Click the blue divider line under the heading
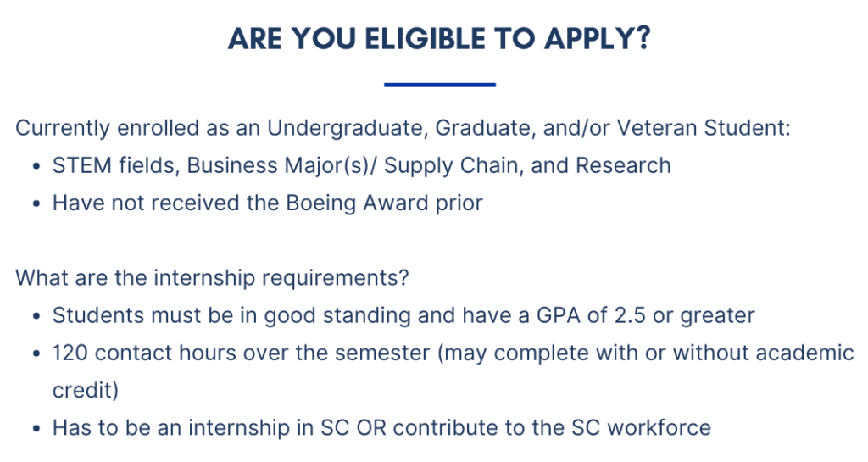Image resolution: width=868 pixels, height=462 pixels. tap(439, 85)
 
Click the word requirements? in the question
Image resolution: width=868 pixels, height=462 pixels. tap(331, 278)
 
